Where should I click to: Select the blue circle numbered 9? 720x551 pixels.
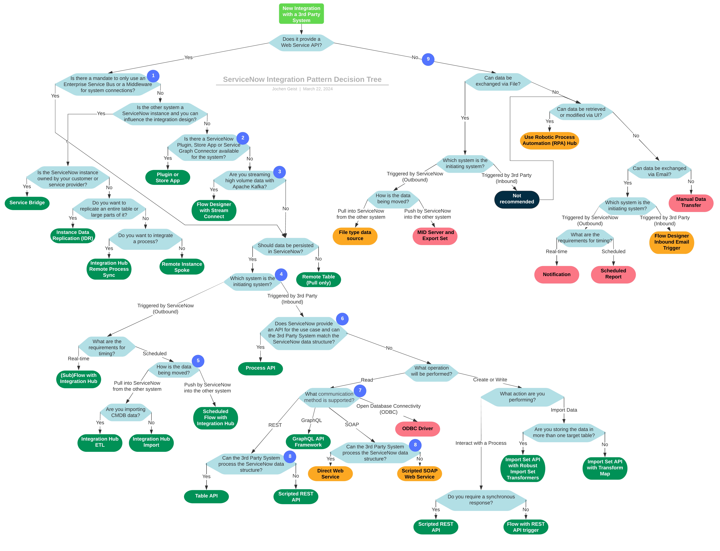[428, 59]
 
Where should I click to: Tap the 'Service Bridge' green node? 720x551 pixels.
[27, 203]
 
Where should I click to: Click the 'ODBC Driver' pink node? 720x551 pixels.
[417, 429]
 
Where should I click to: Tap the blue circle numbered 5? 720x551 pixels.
[198, 361]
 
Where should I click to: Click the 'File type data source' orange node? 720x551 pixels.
[355, 235]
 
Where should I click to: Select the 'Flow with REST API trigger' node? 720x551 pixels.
[526, 527]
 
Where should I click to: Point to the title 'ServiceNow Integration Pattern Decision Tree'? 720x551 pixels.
[302, 79]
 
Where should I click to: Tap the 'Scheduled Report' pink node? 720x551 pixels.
[613, 274]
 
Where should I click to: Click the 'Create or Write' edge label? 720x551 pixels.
[490, 380]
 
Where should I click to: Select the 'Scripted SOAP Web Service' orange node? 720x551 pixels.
[419, 474]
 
